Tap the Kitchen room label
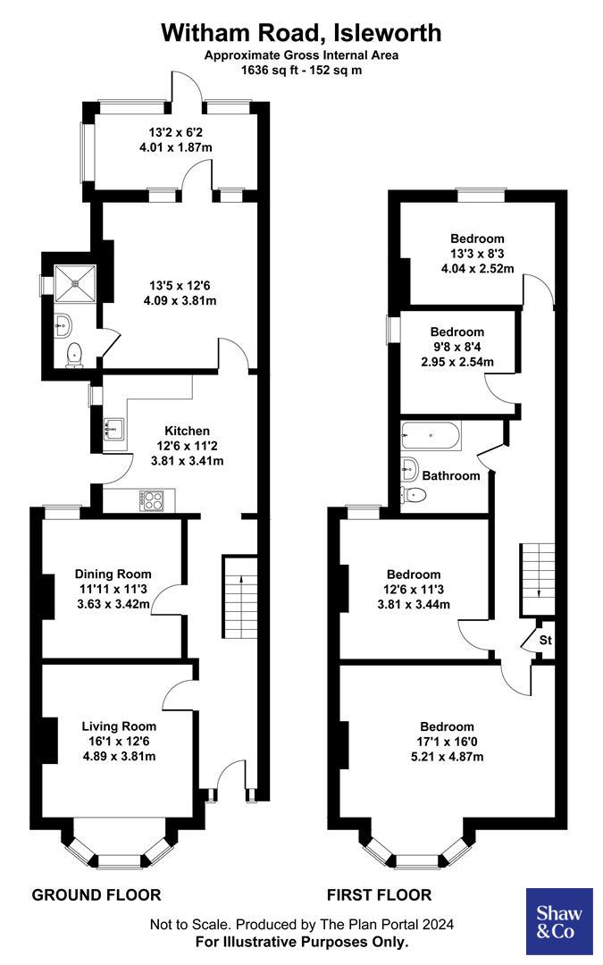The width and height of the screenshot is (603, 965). pyautogui.click(x=187, y=431)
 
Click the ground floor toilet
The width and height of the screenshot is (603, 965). pyautogui.click(x=74, y=354)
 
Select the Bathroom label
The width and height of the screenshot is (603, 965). pyautogui.click(x=451, y=475)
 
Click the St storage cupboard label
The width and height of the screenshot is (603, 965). pyautogui.click(x=545, y=641)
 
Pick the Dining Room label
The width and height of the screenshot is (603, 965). pyautogui.click(x=113, y=574)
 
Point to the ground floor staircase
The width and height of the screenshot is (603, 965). pyautogui.click(x=239, y=599)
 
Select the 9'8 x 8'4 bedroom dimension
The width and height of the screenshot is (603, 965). pyautogui.click(x=457, y=347)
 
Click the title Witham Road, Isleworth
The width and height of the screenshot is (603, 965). pyautogui.click(x=301, y=33)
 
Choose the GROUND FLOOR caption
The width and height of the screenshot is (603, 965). pyautogui.click(x=96, y=894)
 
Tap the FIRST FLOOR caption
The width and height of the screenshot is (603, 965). pyautogui.click(x=379, y=894)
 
